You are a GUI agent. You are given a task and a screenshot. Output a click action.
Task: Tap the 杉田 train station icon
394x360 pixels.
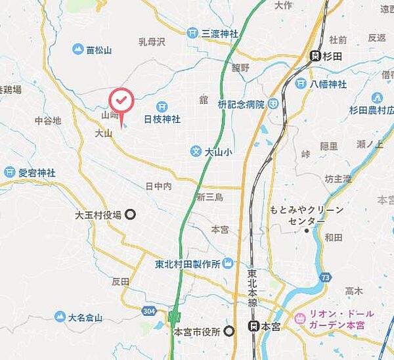(x=315, y=56)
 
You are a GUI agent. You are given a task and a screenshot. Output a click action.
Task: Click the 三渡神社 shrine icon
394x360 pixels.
(x=192, y=32)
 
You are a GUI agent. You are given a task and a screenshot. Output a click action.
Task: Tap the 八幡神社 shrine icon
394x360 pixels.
(x=300, y=83)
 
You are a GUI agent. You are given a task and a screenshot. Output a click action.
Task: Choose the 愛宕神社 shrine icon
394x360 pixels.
(x=9, y=172)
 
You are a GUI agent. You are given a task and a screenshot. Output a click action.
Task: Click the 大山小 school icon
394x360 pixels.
(x=195, y=151)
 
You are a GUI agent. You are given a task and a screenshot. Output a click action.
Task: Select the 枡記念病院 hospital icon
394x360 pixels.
(x=273, y=104)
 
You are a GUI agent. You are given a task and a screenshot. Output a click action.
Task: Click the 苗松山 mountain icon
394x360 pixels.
(x=77, y=49)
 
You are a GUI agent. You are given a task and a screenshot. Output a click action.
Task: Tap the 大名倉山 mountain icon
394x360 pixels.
(x=60, y=317)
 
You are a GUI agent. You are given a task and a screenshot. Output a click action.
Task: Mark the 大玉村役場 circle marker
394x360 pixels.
(x=131, y=214)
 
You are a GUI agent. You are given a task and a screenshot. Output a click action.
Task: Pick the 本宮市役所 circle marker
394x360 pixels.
(x=229, y=331)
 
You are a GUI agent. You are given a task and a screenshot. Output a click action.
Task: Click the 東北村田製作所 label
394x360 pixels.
(x=186, y=264)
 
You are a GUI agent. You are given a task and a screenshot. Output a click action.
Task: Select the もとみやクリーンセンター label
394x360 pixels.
(x=307, y=215)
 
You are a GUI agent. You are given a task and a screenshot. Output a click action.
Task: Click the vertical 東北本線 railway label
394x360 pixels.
(x=252, y=288)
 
